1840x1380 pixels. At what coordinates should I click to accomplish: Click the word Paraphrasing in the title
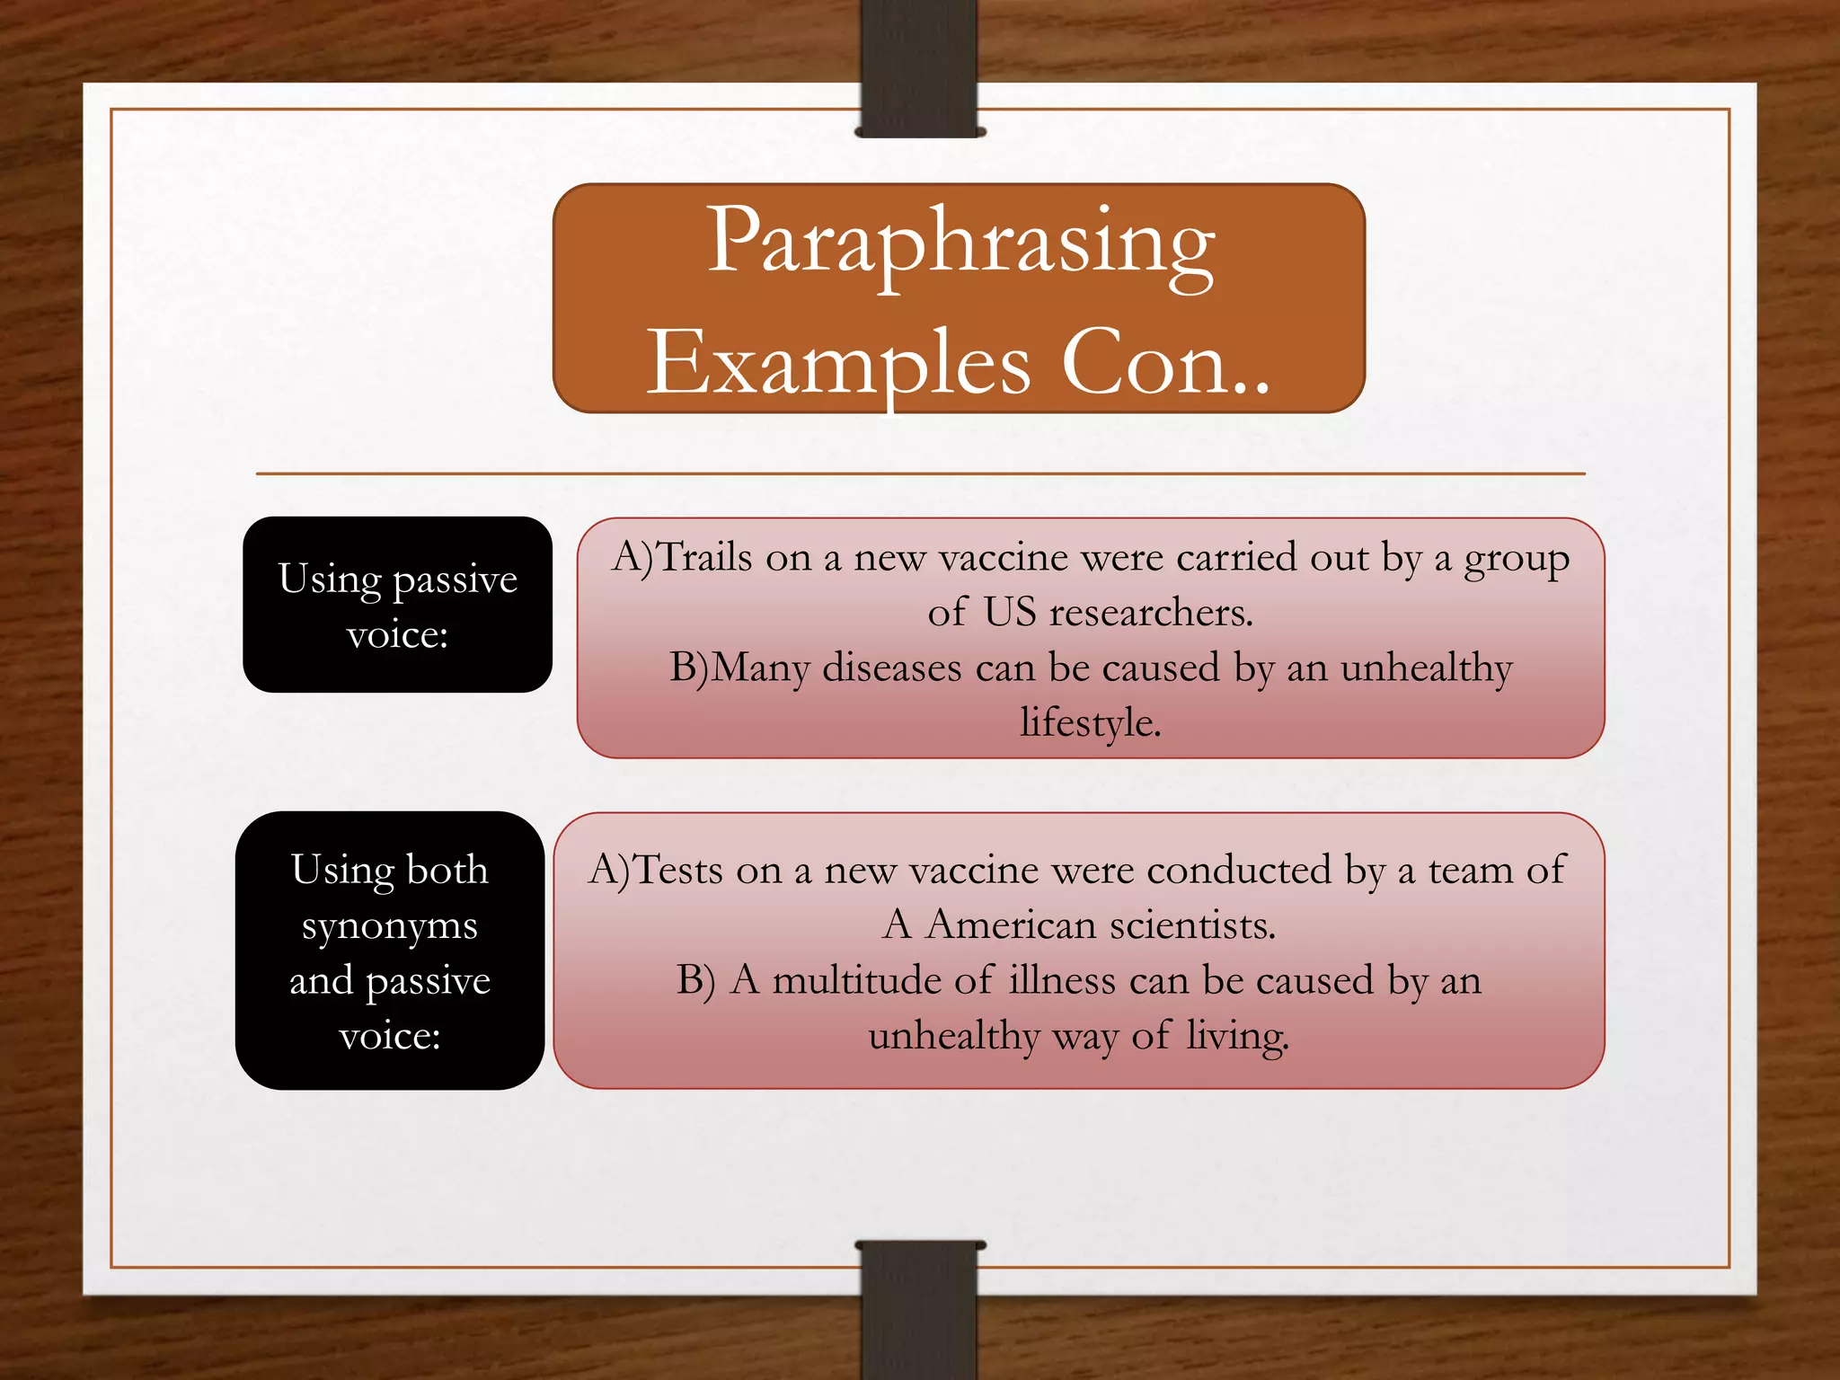tap(960, 243)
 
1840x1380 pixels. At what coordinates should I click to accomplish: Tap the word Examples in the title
tap(839, 363)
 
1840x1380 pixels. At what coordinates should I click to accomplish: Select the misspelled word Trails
tap(706, 558)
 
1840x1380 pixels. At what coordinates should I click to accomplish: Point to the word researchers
tap(1151, 614)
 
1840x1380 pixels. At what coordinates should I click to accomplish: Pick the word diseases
tap(891, 668)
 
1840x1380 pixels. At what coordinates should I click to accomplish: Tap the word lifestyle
tap(1090, 723)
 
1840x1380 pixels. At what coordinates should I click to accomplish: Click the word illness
tap(1062, 980)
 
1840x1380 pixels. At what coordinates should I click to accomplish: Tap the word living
tap(1237, 1037)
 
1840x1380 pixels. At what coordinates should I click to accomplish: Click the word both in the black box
tap(447, 871)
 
